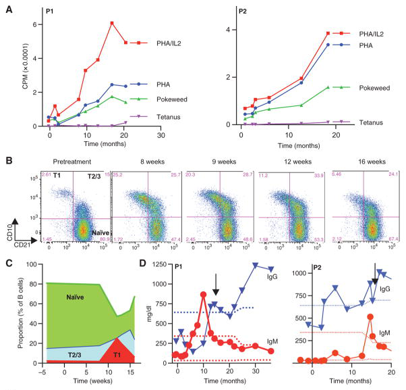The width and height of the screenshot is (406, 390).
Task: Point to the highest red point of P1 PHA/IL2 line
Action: click(112, 24)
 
